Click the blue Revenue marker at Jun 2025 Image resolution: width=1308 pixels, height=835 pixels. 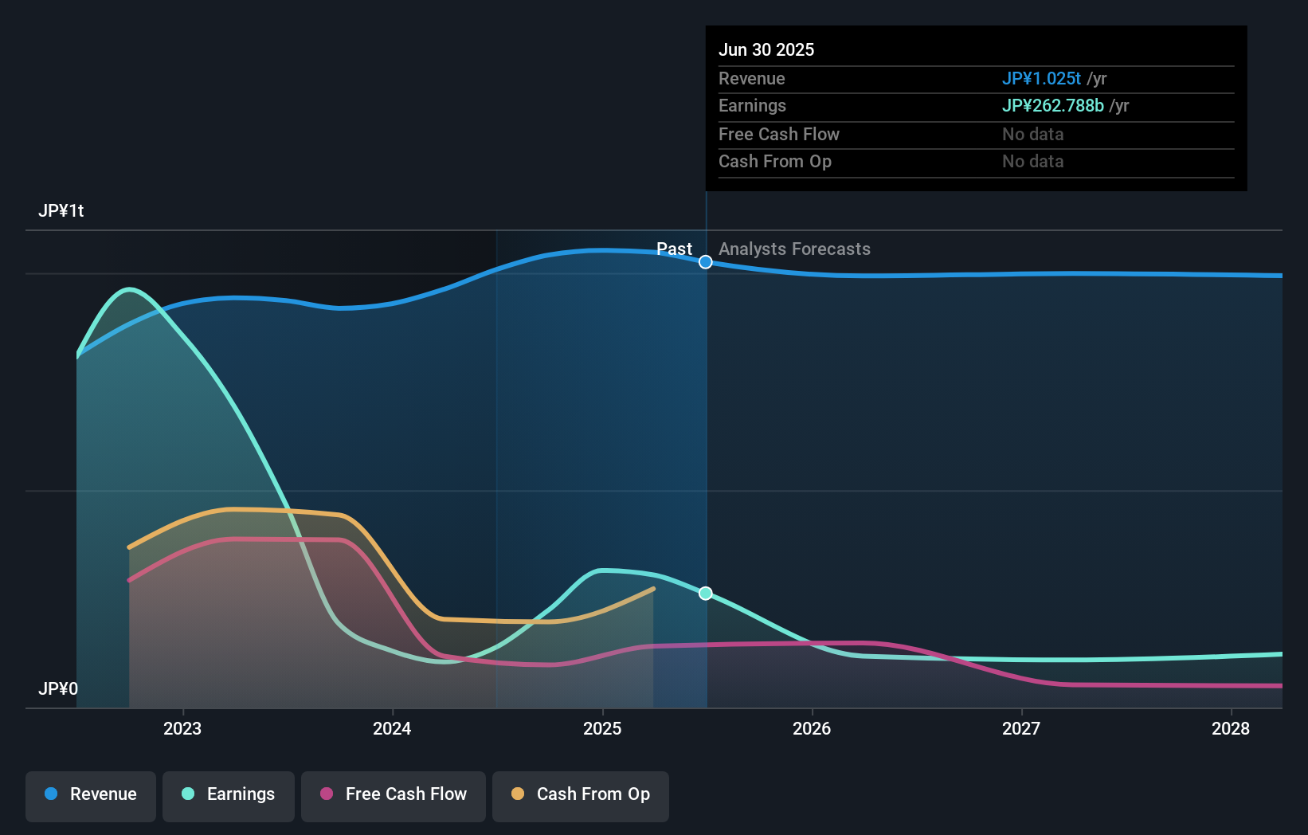(706, 262)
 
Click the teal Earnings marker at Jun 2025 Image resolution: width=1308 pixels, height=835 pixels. (706, 594)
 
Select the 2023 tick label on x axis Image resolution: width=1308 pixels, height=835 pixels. (182, 728)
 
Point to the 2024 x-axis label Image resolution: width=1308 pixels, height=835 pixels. (392, 728)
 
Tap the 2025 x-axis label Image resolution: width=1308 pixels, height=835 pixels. (602, 728)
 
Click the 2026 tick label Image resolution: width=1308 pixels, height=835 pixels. (812, 728)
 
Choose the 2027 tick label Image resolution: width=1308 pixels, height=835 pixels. (1021, 728)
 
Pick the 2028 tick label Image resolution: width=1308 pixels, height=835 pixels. (1231, 728)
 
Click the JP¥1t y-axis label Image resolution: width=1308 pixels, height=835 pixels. (61, 210)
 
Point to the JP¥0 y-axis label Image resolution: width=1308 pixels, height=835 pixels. (58, 688)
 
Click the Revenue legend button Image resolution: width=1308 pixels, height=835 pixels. (91, 794)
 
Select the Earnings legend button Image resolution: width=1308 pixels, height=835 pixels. (229, 794)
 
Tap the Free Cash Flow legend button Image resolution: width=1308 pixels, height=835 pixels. (394, 794)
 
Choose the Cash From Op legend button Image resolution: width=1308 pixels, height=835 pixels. (581, 794)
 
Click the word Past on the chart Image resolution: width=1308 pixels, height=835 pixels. (674, 249)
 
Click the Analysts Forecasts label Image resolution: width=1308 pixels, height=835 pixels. (794, 249)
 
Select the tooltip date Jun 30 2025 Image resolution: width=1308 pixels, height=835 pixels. (766, 49)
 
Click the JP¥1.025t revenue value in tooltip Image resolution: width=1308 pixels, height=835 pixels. (1041, 78)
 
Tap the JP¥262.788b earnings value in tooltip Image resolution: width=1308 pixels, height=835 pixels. (1052, 105)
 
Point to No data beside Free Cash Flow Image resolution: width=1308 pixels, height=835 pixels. (1032, 134)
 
